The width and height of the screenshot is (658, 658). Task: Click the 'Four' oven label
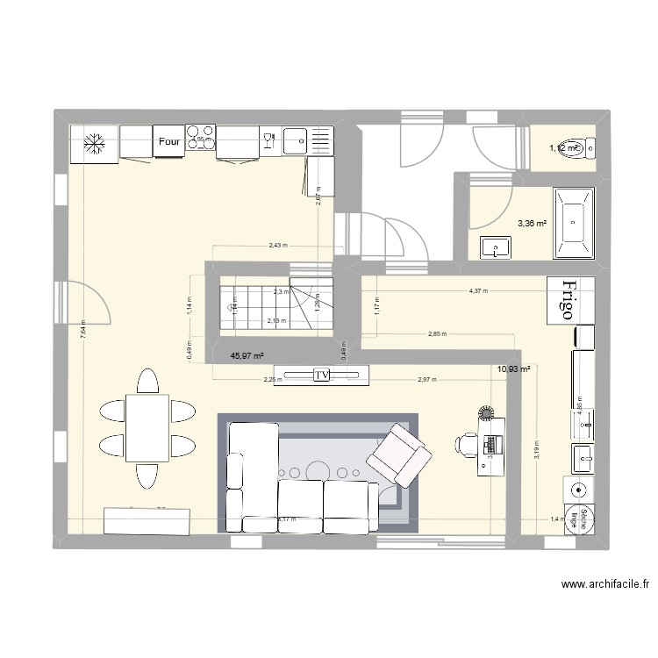coord(169,139)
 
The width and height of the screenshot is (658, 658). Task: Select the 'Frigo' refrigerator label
coord(569,302)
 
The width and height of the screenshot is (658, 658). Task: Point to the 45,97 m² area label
coord(247,355)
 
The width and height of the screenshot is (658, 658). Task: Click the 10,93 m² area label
coord(513,370)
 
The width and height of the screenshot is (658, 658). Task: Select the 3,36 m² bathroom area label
coord(531,224)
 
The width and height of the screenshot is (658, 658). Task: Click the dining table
coord(147,428)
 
